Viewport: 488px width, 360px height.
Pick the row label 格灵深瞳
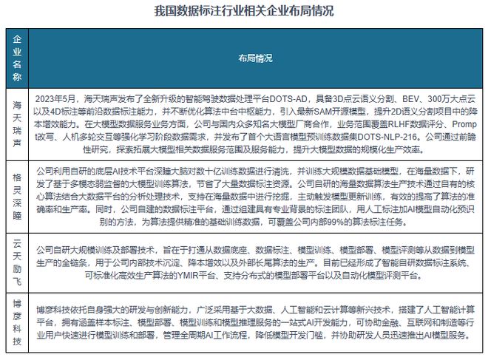tap(18, 195)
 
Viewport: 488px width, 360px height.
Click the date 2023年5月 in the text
tap(58, 99)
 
